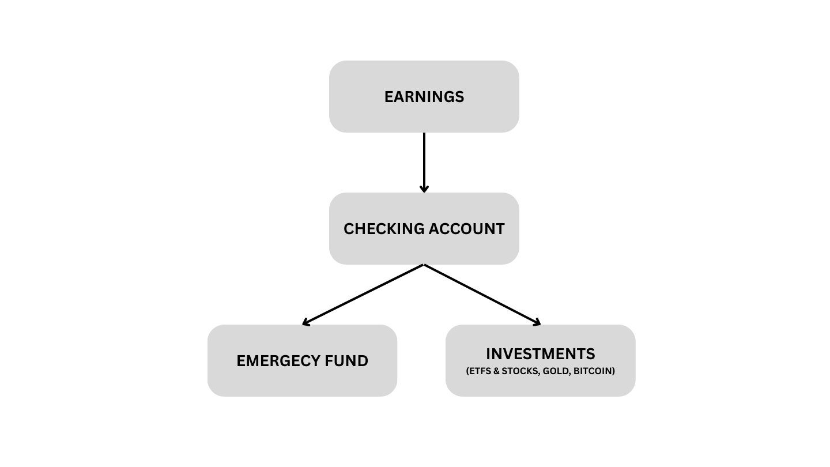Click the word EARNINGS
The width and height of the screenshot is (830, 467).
point(424,97)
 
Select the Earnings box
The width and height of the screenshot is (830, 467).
point(424,96)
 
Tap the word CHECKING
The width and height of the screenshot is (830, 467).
point(384,229)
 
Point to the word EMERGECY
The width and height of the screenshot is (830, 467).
point(278,361)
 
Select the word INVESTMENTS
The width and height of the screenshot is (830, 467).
point(540,354)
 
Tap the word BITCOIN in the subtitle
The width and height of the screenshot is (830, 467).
point(594,371)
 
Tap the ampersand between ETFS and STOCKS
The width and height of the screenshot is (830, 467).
point(496,371)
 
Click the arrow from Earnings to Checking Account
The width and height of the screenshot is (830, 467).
point(424,163)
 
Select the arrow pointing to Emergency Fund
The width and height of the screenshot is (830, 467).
point(363,295)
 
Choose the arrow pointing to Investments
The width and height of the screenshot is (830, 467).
point(482,295)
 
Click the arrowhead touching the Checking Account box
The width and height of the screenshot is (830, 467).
point(424,189)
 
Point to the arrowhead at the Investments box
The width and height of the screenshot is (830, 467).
point(537,322)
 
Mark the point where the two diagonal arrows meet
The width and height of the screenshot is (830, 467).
point(424,265)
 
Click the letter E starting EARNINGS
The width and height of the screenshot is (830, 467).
point(388,97)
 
